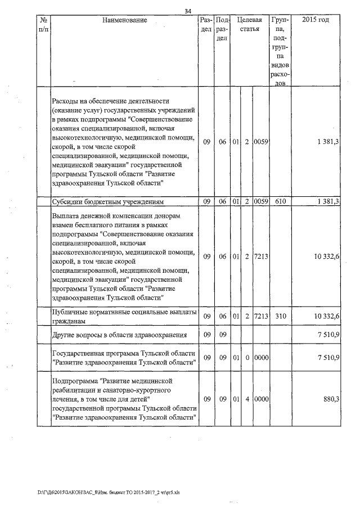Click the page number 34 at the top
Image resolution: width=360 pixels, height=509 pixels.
click(x=188, y=11)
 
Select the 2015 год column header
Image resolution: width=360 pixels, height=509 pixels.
click(x=316, y=20)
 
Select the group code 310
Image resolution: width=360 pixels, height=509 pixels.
click(x=281, y=317)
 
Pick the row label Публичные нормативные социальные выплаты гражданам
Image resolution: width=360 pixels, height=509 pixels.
click(x=124, y=317)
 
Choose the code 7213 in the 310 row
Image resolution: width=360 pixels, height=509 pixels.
click(x=261, y=317)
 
